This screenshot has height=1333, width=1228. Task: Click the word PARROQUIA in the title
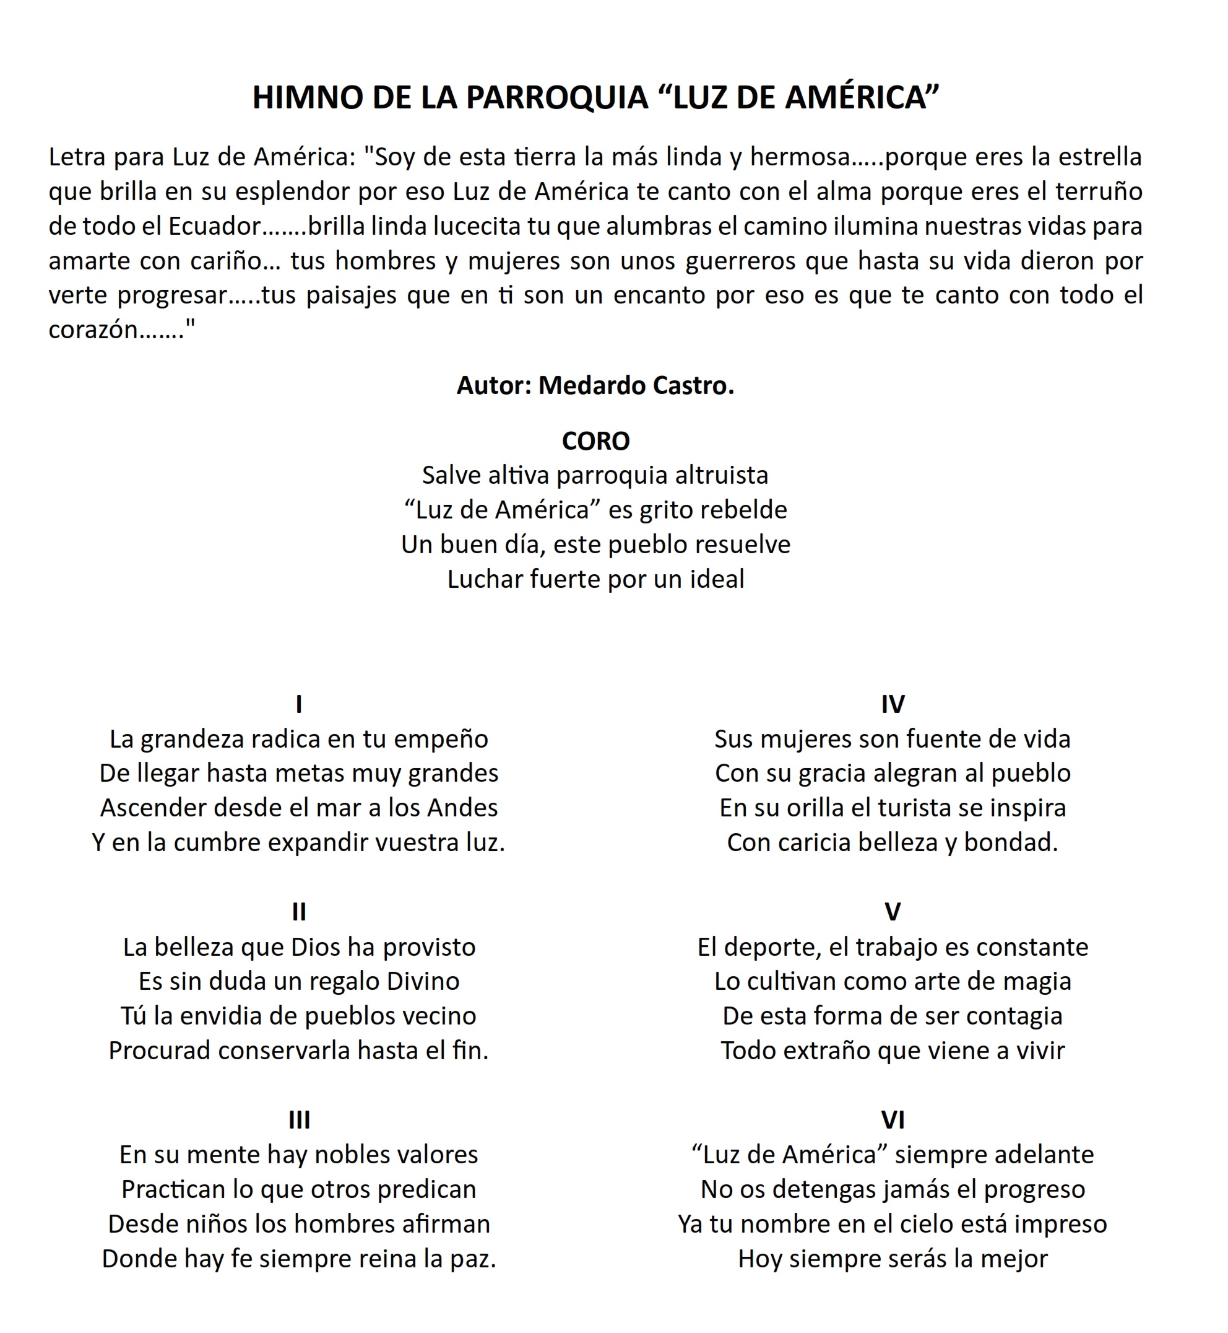click(x=556, y=98)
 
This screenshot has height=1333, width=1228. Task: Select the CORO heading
click(x=595, y=441)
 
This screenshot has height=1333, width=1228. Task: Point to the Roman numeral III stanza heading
click(x=299, y=1121)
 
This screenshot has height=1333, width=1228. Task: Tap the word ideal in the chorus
click(x=716, y=579)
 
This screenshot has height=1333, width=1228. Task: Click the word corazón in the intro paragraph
click(x=93, y=330)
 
